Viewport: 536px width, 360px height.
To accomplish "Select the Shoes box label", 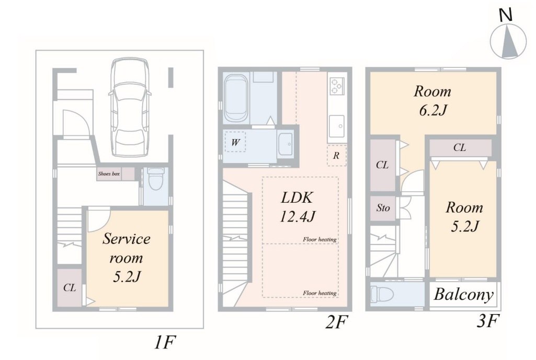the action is pos(109,174).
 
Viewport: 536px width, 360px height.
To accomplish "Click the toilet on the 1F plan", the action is pos(156,178).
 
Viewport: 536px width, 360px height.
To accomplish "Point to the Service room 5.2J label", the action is pos(127,258).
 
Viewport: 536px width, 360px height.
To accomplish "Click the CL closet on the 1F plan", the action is pos(70,287).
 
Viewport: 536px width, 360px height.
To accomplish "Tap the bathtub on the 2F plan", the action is pos(235,98).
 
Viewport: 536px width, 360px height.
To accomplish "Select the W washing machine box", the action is pos(235,142).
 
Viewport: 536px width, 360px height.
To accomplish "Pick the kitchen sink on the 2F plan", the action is pos(337,126).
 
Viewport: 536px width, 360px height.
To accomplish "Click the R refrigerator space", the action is pos(337,155).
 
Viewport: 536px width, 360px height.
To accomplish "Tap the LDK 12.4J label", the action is pos(297,207).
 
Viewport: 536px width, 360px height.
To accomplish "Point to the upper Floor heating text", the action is pos(320,239).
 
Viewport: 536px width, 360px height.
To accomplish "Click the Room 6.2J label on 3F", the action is pos(433,101).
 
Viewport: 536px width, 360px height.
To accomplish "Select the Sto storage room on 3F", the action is pos(383,207).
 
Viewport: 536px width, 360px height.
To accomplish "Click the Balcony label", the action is pos(464,295).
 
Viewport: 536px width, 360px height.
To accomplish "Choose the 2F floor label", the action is pos(337,322).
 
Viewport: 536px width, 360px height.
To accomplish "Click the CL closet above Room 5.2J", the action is pos(460,147).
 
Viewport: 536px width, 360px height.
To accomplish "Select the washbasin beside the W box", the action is pos(286,145).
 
